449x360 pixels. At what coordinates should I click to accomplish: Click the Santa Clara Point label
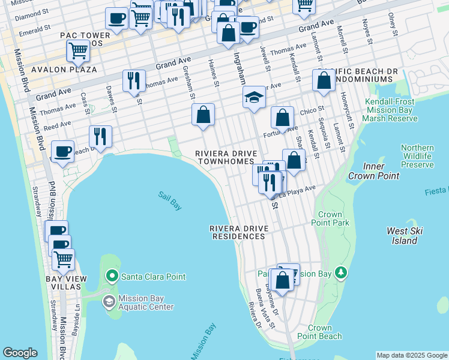153,277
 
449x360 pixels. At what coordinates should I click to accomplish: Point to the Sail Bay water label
170,200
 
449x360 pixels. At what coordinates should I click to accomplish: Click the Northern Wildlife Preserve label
417,156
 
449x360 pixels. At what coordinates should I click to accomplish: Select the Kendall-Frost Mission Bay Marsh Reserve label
391,110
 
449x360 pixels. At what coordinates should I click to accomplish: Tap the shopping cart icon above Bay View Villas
62,259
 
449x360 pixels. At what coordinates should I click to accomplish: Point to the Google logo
20,353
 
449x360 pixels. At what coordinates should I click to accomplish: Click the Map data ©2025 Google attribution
412,355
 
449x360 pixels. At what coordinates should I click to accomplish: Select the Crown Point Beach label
324,332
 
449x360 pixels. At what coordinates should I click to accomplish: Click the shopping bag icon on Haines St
203,114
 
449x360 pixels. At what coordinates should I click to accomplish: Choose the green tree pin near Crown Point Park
342,274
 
